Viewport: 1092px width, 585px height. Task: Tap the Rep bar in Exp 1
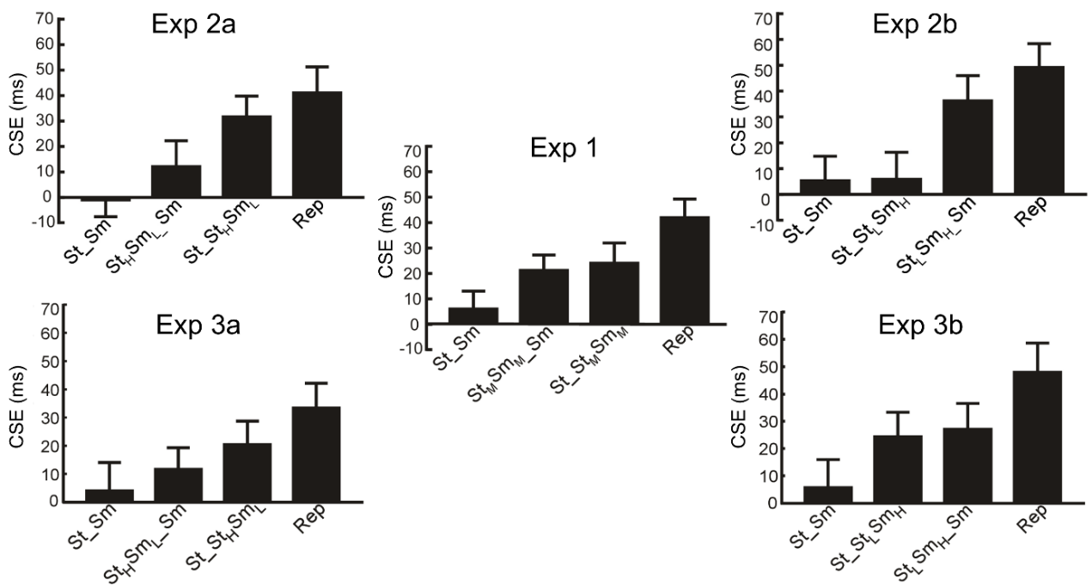pos(684,270)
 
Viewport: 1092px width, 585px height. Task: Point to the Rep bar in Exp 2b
pos(1040,130)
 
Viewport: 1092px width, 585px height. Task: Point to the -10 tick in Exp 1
pos(414,348)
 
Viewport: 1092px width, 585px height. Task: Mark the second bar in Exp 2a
pos(176,181)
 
